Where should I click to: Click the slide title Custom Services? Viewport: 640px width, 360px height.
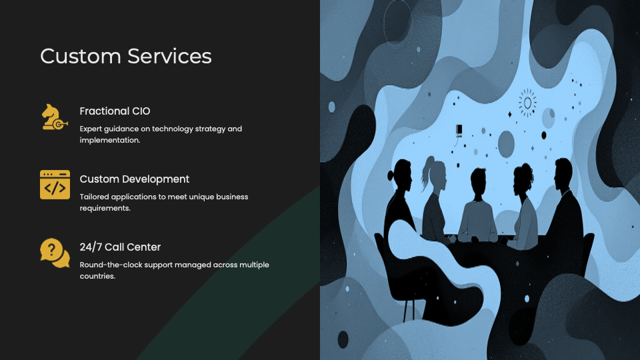[126, 56]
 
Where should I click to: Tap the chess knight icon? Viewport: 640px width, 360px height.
[54, 117]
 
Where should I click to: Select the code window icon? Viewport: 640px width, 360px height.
[55, 185]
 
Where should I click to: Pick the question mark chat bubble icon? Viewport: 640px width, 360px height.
[55, 253]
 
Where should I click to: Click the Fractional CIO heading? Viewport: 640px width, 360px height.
[115, 111]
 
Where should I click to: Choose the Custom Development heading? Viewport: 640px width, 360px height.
[134, 179]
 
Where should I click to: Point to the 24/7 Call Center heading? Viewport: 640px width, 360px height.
[120, 247]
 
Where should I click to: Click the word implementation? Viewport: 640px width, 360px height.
[110, 140]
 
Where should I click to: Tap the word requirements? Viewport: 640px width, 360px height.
[105, 208]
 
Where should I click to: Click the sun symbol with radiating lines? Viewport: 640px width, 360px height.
[527, 103]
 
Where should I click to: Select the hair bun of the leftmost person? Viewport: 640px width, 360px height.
[390, 176]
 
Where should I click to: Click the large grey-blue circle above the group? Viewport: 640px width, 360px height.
[506, 144]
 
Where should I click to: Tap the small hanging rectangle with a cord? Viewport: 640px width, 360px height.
[459, 130]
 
